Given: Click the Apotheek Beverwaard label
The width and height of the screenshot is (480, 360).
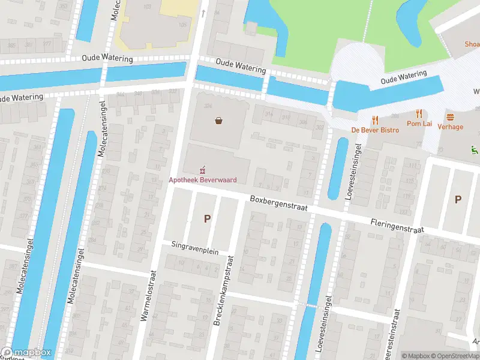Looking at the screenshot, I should tap(202, 179).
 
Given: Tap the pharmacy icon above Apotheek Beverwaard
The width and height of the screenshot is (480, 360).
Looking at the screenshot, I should tap(203, 170).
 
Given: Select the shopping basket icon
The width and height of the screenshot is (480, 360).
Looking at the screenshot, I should tap(219, 121).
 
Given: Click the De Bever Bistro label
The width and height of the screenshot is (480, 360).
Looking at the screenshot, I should tap(375, 130).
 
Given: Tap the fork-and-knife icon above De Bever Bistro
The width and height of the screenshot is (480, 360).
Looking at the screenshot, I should tap(375, 119).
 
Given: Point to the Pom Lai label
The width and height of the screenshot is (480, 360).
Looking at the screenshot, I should tap(419, 124).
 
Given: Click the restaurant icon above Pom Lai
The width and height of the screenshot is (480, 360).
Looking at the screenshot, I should tap(419, 113).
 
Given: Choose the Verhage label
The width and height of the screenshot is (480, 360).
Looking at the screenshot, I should tap(450, 127).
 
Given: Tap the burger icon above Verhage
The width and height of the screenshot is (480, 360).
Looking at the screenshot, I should tap(450, 117).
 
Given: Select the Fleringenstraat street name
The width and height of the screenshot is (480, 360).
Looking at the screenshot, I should tap(397, 226).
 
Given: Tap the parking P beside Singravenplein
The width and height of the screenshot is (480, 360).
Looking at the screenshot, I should tap(207, 219).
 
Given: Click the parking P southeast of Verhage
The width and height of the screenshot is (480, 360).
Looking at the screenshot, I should tap(458, 200).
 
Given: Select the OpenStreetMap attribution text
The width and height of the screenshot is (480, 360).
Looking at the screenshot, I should tap(457, 356).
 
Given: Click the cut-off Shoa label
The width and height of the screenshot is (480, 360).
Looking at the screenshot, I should tap(471, 44).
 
